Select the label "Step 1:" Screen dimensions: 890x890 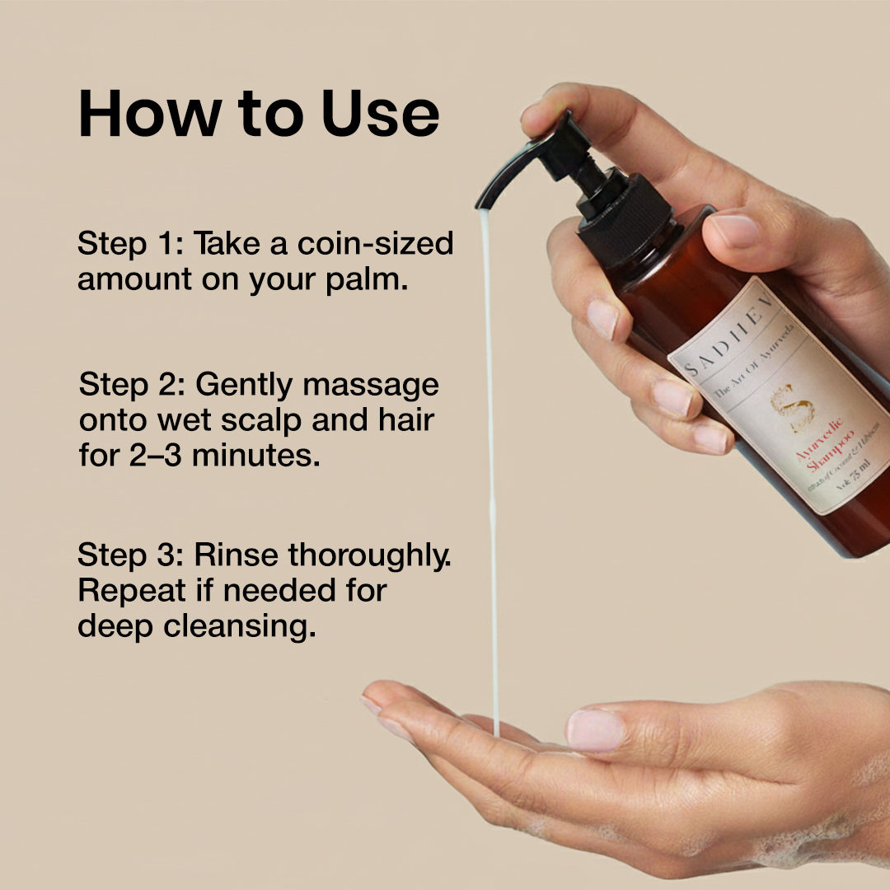tap(131, 245)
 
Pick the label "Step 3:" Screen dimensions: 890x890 tap(131, 555)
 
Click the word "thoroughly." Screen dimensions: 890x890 tap(370, 555)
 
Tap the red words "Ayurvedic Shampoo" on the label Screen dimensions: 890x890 tap(817, 458)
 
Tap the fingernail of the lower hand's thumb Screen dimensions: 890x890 tap(595, 730)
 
